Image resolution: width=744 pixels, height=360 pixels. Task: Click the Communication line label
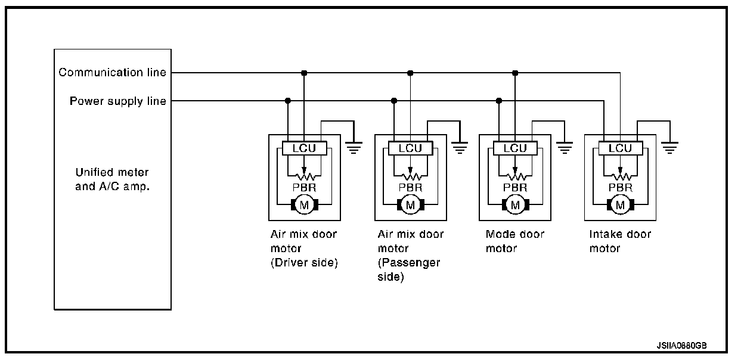tap(112, 73)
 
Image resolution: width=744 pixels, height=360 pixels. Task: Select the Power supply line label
tap(118, 101)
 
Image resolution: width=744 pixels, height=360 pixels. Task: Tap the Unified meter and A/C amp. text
tap(112, 179)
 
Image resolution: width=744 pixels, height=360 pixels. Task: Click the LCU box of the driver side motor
tap(304, 148)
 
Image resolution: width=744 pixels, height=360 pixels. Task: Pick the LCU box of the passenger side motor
tap(410, 148)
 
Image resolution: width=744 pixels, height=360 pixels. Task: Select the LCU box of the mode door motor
tap(515, 148)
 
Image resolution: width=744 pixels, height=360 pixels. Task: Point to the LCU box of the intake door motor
tap(620, 148)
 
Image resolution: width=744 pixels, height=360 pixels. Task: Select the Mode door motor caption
tap(507, 241)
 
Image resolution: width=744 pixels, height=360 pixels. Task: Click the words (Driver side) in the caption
tap(304, 263)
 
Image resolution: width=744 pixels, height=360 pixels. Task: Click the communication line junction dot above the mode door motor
tap(515, 73)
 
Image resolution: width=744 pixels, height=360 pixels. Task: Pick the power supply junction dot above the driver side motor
tap(288, 101)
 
